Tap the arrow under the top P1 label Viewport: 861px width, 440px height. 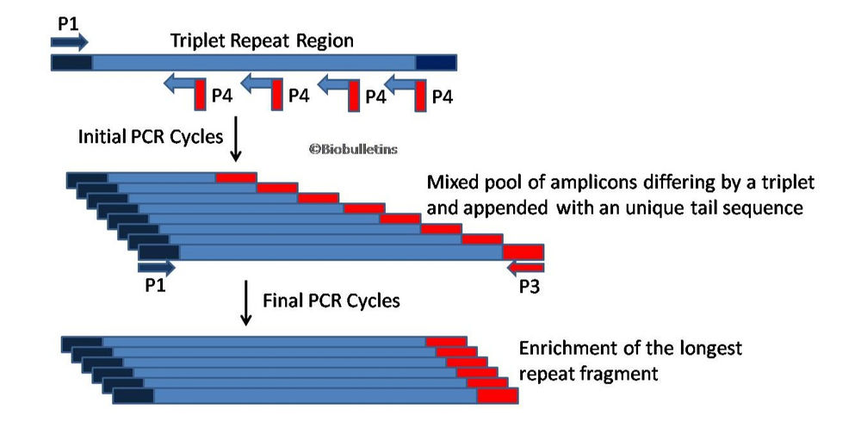coord(71,40)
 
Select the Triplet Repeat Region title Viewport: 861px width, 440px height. coord(262,40)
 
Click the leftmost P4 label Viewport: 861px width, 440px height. coord(223,96)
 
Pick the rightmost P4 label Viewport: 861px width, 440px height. coord(442,96)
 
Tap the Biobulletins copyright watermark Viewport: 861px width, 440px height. coord(354,148)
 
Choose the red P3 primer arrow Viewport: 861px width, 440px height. coord(524,267)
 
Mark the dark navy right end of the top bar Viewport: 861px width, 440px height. coord(436,63)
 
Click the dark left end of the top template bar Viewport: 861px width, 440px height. coord(71,63)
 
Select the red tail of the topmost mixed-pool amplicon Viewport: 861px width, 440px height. coord(235,177)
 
